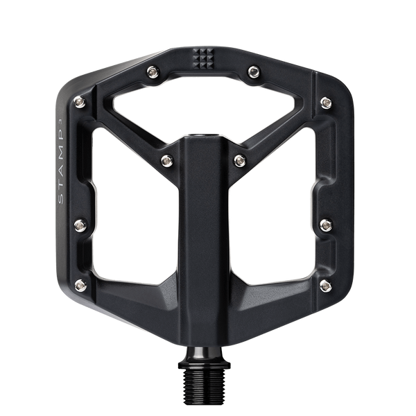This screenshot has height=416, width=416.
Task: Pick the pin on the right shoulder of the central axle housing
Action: tap(240, 160)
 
